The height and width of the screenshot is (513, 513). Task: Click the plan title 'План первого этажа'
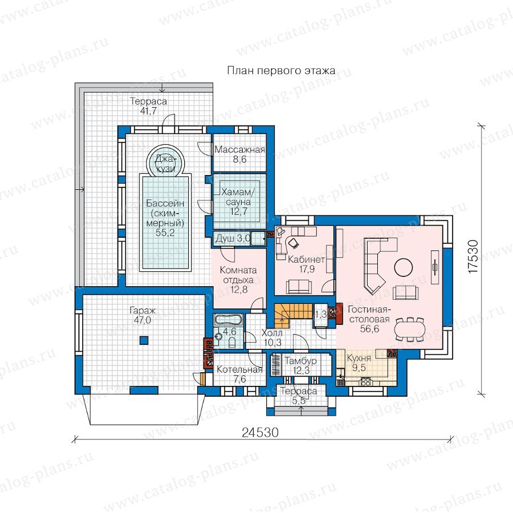[281, 71]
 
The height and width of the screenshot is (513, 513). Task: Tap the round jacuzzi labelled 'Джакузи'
[165, 161]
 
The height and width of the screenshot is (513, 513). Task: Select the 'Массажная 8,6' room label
[240, 154]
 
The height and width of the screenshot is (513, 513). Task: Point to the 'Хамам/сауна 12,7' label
[238, 202]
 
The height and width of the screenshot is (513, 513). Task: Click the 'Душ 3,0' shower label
[233, 238]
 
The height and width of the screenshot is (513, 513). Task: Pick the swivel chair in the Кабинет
[293, 242]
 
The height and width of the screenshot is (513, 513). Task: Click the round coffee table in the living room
[404, 267]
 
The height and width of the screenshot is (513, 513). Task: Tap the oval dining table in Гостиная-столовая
[410, 328]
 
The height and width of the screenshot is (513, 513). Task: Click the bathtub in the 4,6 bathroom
[229, 320]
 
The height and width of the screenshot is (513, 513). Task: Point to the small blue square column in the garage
[144, 340]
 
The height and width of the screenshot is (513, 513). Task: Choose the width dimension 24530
[260, 432]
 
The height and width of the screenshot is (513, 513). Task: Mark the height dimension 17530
[473, 256]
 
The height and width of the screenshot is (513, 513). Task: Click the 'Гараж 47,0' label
[142, 315]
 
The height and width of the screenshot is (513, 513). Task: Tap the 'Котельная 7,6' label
[239, 374]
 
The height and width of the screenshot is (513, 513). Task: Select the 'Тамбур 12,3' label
[300, 365]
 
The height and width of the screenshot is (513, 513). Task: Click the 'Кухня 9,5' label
[359, 363]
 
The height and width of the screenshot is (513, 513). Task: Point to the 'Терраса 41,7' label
[148, 106]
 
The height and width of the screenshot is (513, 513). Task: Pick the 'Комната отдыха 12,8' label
[238, 280]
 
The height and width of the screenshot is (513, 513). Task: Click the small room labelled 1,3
[320, 315]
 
